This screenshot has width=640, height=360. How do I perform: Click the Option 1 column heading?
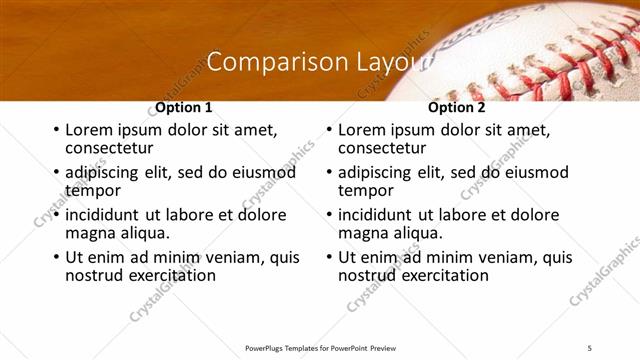coord(184,108)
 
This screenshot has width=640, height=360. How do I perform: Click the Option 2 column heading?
coord(456,108)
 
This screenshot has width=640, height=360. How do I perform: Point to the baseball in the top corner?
coord(540,50)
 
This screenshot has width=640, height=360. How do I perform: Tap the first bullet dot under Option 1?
coord(56,130)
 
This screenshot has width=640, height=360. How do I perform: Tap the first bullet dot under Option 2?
coord(329,130)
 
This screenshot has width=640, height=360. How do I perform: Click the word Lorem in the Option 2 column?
coord(361,130)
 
